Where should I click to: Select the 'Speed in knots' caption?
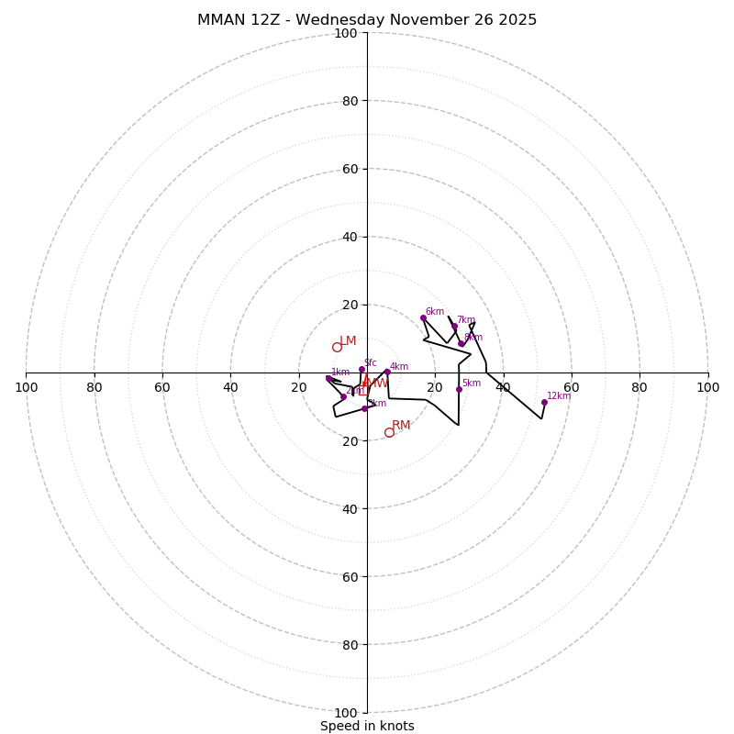367,726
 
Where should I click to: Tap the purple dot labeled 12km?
544,402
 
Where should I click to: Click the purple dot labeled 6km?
423,317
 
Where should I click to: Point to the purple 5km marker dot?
459,389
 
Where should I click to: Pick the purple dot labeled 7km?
454,326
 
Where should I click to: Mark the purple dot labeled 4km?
387,372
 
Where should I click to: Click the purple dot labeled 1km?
328,378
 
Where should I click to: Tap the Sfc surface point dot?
361,369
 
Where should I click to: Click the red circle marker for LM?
337,347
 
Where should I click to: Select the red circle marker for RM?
389,432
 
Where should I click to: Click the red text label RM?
401,426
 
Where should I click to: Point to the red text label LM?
348,341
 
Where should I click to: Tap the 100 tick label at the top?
345,33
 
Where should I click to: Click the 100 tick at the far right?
707,387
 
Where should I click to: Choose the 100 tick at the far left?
27,387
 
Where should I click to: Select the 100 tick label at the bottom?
345,712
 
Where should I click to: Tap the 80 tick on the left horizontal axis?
95,387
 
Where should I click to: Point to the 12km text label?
559,396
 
